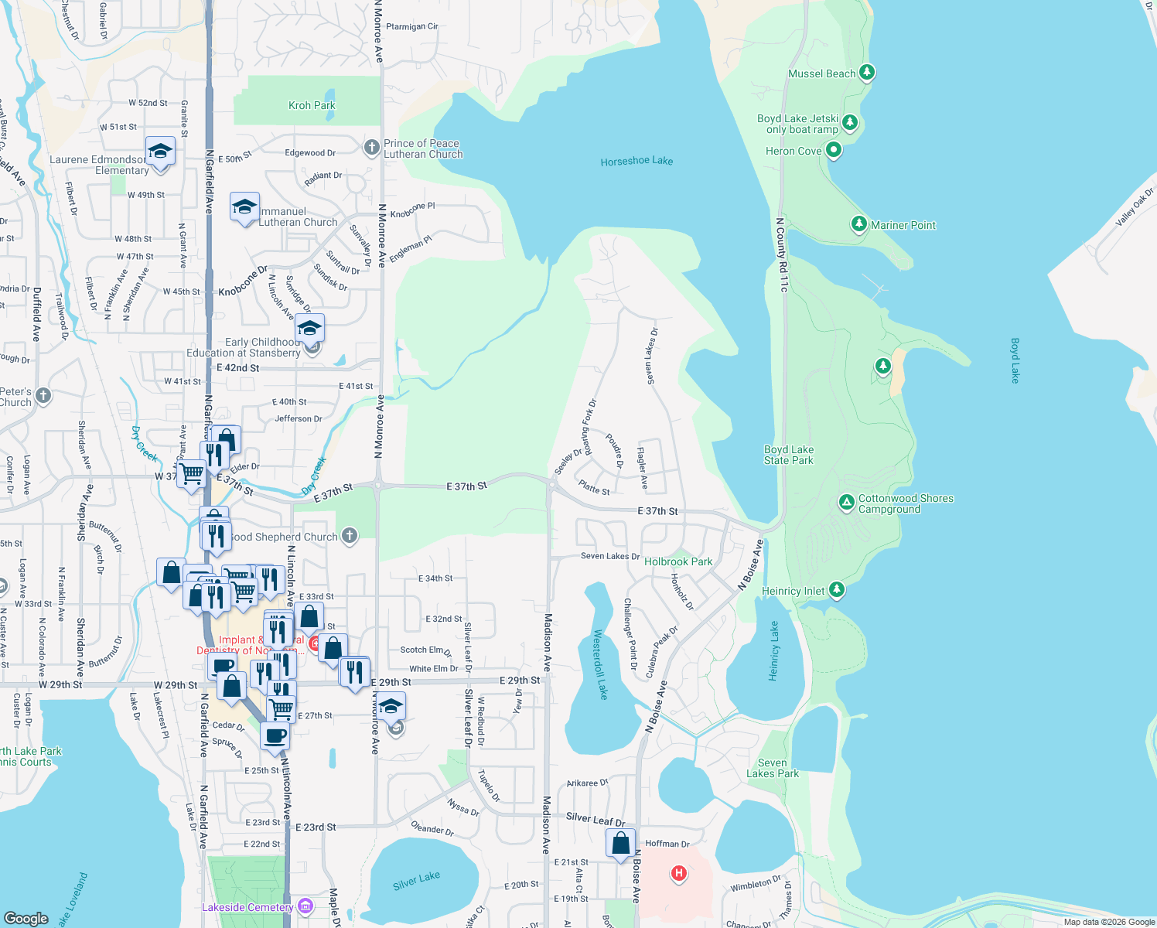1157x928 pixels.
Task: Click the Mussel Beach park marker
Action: point(867,73)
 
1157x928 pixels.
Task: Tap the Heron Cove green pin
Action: point(833,150)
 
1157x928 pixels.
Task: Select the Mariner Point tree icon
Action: point(858,224)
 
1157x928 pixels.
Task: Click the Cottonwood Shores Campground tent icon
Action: point(846,503)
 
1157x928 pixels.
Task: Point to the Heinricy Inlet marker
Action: point(836,590)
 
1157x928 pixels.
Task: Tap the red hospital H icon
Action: point(679,873)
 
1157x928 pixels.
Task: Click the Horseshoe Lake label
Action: point(637,161)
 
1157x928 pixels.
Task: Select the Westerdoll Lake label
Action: point(600,664)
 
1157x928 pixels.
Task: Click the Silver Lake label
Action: point(416,880)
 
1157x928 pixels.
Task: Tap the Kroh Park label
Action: point(312,105)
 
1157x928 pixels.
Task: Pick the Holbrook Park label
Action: point(678,562)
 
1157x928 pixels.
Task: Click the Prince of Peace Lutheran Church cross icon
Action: point(371,147)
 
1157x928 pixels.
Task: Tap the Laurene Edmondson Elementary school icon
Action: point(160,151)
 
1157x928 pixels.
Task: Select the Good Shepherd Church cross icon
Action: point(350,535)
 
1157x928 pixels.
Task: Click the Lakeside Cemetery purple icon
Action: point(305,906)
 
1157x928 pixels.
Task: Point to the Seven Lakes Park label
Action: point(773,768)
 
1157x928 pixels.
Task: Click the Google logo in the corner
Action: point(26,918)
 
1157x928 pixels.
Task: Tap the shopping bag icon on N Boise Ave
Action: point(620,843)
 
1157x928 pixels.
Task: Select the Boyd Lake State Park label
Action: point(788,455)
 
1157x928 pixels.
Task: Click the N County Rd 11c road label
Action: point(782,254)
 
